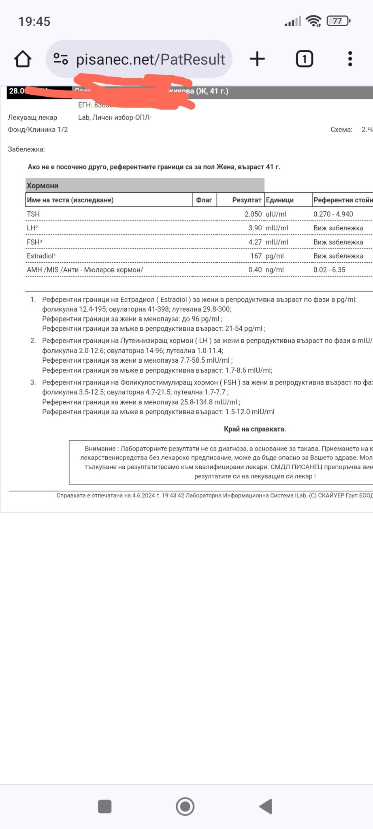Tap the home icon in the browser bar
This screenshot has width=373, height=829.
pos(23,59)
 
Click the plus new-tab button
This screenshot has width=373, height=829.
pos(257,59)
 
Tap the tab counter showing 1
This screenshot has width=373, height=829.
pos(304,59)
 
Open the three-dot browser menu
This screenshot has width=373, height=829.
pos(350,59)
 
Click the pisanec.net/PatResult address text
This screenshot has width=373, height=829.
pos(150,60)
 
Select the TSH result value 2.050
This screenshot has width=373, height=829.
pos(253,214)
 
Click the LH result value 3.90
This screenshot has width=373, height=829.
pos(255,228)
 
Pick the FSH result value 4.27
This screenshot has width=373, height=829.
pos(255,242)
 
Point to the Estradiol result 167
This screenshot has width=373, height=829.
pos(256,256)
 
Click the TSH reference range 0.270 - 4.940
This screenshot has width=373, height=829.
pos(333,214)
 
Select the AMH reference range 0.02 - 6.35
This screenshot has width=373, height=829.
pos(329,270)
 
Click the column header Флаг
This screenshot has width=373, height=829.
pos(204,200)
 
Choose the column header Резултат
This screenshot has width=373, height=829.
pos(247,200)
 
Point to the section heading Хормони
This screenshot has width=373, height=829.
pos(43,186)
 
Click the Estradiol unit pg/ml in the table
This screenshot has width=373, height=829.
pos(275,256)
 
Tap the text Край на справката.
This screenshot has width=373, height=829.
pos(255,429)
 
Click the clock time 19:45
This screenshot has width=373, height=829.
pos(34,21)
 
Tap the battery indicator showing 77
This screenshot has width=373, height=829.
pos(338,21)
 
